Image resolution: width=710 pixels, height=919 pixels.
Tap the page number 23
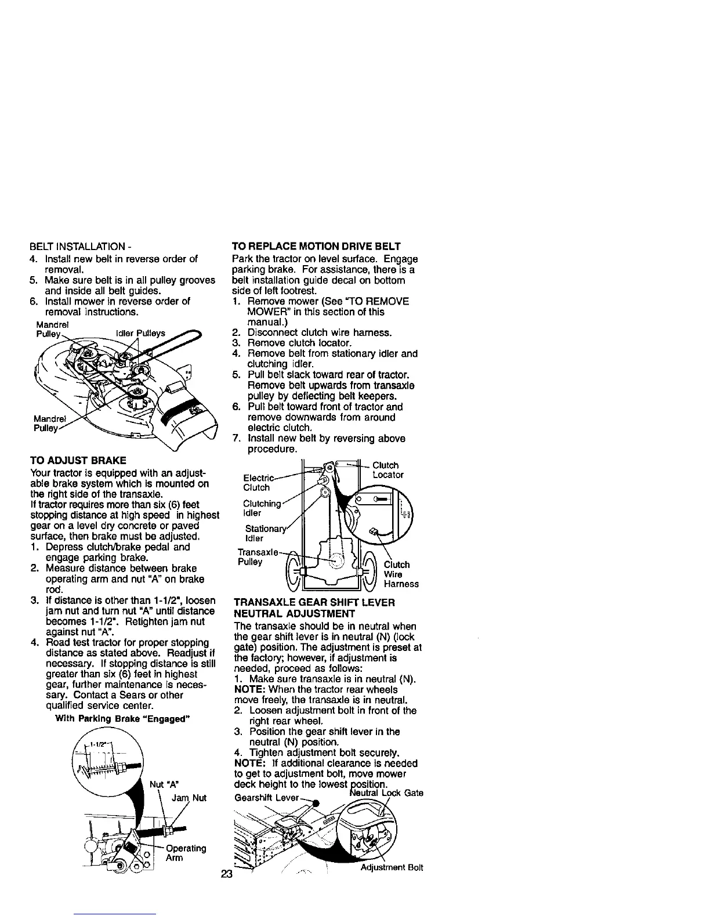click(226, 874)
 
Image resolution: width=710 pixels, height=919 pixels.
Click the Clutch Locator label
click(387, 470)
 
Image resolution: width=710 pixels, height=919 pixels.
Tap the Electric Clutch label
click(256, 483)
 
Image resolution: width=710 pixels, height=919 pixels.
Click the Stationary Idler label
click(258, 533)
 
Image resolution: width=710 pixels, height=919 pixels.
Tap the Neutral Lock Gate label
click(386, 793)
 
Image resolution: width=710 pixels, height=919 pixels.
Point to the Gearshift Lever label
click(266, 797)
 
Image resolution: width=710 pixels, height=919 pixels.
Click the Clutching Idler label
click(261, 508)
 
